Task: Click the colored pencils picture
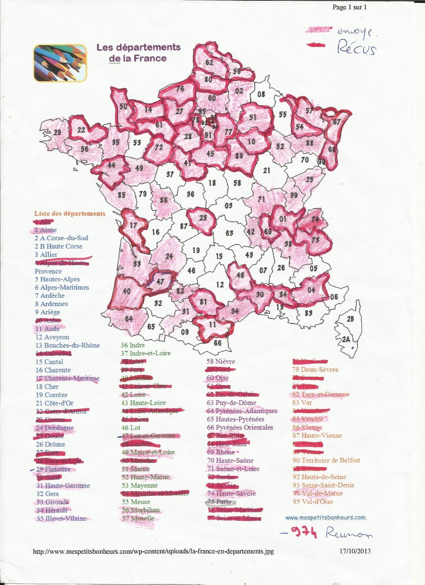(60, 63)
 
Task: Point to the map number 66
(218, 342)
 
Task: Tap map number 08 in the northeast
(261, 94)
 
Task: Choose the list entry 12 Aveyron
(52, 337)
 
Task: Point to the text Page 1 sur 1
(349, 8)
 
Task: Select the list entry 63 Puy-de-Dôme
(231, 403)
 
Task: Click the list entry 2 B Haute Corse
(58, 246)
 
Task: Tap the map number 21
(266, 170)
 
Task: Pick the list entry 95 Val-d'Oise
(313, 502)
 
